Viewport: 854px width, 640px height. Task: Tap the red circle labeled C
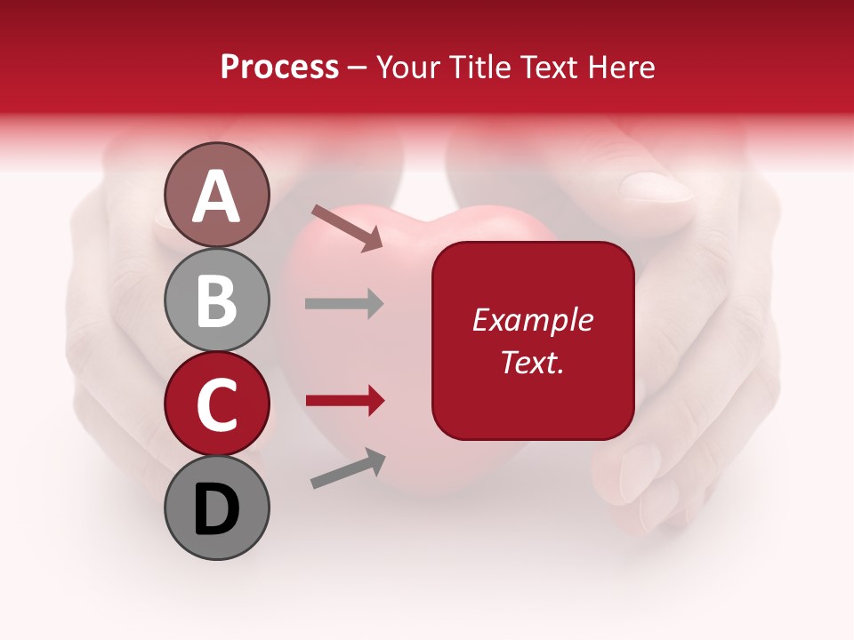tap(217, 404)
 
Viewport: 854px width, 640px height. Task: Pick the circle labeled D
tap(217, 508)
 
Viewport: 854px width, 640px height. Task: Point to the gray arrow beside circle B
tap(344, 304)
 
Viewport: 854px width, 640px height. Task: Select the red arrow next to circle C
tap(344, 401)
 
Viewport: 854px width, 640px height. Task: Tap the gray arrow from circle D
tap(348, 468)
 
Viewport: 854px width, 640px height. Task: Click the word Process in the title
tap(279, 67)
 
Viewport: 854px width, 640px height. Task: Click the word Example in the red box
tap(532, 320)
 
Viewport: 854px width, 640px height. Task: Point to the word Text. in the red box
tap(532, 362)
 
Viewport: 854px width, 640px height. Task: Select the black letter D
tap(217, 509)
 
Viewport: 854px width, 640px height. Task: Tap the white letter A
tap(217, 196)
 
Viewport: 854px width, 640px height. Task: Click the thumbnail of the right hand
tap(656, 188)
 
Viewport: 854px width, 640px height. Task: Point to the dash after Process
tap(358, 68)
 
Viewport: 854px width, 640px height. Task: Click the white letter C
tap(217, 404)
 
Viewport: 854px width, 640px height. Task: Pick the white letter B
tap(217, 300)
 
